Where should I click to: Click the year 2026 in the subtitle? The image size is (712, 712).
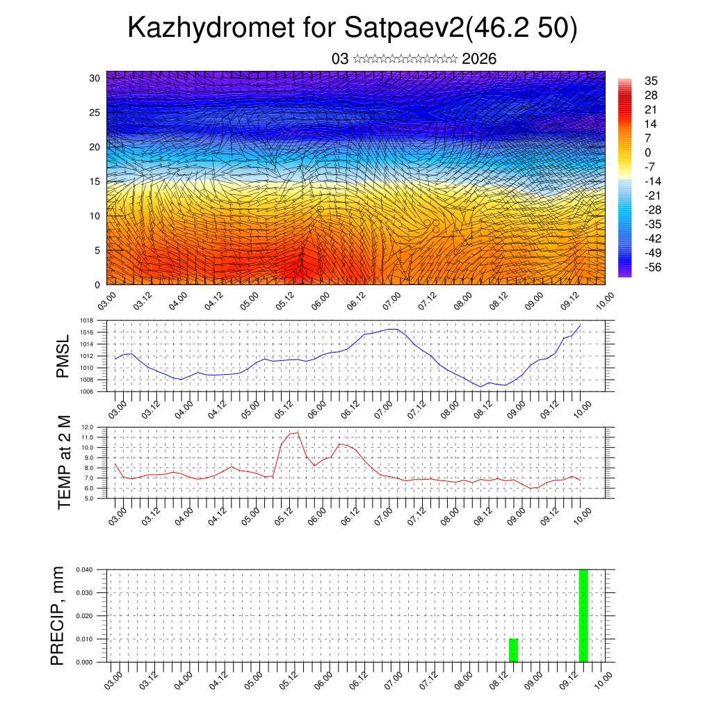pos(479,59)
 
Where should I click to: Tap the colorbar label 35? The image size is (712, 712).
pos(652,81)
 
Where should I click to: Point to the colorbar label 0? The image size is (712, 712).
pos(648,152)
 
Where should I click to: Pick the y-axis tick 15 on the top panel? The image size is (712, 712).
pos(95,181)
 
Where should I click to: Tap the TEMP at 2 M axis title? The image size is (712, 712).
pos(65,462)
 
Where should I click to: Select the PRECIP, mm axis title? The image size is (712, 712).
pos(58,615)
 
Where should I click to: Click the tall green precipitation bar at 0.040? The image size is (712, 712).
pos(583,615)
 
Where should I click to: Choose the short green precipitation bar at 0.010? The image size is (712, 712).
pos(513,650)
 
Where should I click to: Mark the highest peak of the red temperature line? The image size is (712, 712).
pos(298,432)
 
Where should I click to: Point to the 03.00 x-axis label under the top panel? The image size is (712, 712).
pos(106,300)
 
